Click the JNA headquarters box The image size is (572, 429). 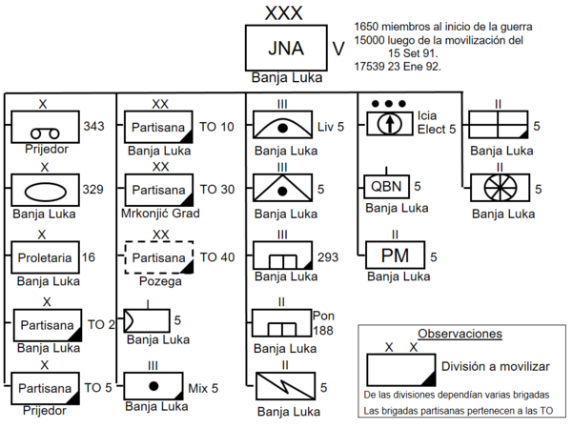[286, 48]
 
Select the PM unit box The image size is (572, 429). [395, 255]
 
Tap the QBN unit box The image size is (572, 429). [386, 187]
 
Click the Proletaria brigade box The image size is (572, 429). [45, 257]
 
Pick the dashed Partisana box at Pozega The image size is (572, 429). [159, 257]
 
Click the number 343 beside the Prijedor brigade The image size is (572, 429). [93, 126]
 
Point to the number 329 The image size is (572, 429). [93, 190]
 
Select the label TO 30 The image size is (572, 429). [217, 190]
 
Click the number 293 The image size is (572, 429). [328, 257]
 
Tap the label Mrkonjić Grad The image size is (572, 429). [160, 213]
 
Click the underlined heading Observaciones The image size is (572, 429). [460, 334]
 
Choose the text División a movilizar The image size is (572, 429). [496, 366]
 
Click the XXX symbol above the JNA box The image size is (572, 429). [284, 13]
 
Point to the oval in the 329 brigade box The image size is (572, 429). [45, 192]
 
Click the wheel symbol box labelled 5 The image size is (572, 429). [500, 188]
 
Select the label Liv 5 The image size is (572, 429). [331, 127]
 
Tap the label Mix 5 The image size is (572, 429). [203, 389]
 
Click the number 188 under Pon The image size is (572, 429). [323, 331]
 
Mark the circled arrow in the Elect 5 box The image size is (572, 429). [390, 124]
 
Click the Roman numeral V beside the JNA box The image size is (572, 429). [338, 49]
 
